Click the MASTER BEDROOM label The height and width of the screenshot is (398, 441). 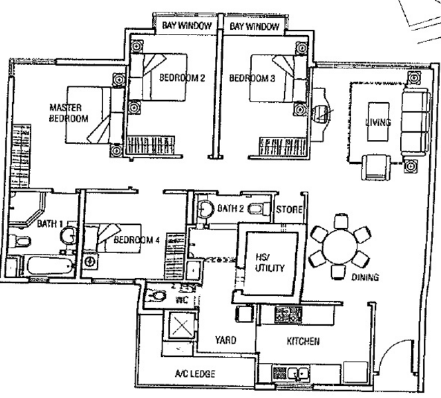[x=68, y=113]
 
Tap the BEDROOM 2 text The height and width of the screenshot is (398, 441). [x=182, y=78]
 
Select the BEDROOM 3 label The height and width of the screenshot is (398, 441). [x=252, y=78]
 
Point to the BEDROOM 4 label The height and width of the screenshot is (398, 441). [x=137, y=240]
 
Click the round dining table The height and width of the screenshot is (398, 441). [x=340, y=247]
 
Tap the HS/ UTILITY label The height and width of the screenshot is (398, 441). [x=270, y=263]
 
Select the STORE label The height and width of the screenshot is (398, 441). [x=289, y=210]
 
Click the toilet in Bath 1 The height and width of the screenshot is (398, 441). [x=19, y=241]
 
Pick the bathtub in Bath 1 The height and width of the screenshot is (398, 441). [x=50, y=266]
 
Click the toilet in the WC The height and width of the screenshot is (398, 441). [x=157, y=296]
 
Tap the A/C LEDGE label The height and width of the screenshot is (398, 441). [x=195, y=374]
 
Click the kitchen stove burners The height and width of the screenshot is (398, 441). [x=288, y=314]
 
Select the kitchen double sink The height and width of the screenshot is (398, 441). [x=298, y=373]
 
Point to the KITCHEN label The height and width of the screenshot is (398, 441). [x=303, y=341]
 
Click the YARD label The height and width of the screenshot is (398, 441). [x=225, y=340]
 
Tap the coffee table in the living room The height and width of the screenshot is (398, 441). [x=379, y=122]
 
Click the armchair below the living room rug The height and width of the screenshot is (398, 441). [x=376, y=168]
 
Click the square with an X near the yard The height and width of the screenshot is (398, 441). [x=182, y=325]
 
